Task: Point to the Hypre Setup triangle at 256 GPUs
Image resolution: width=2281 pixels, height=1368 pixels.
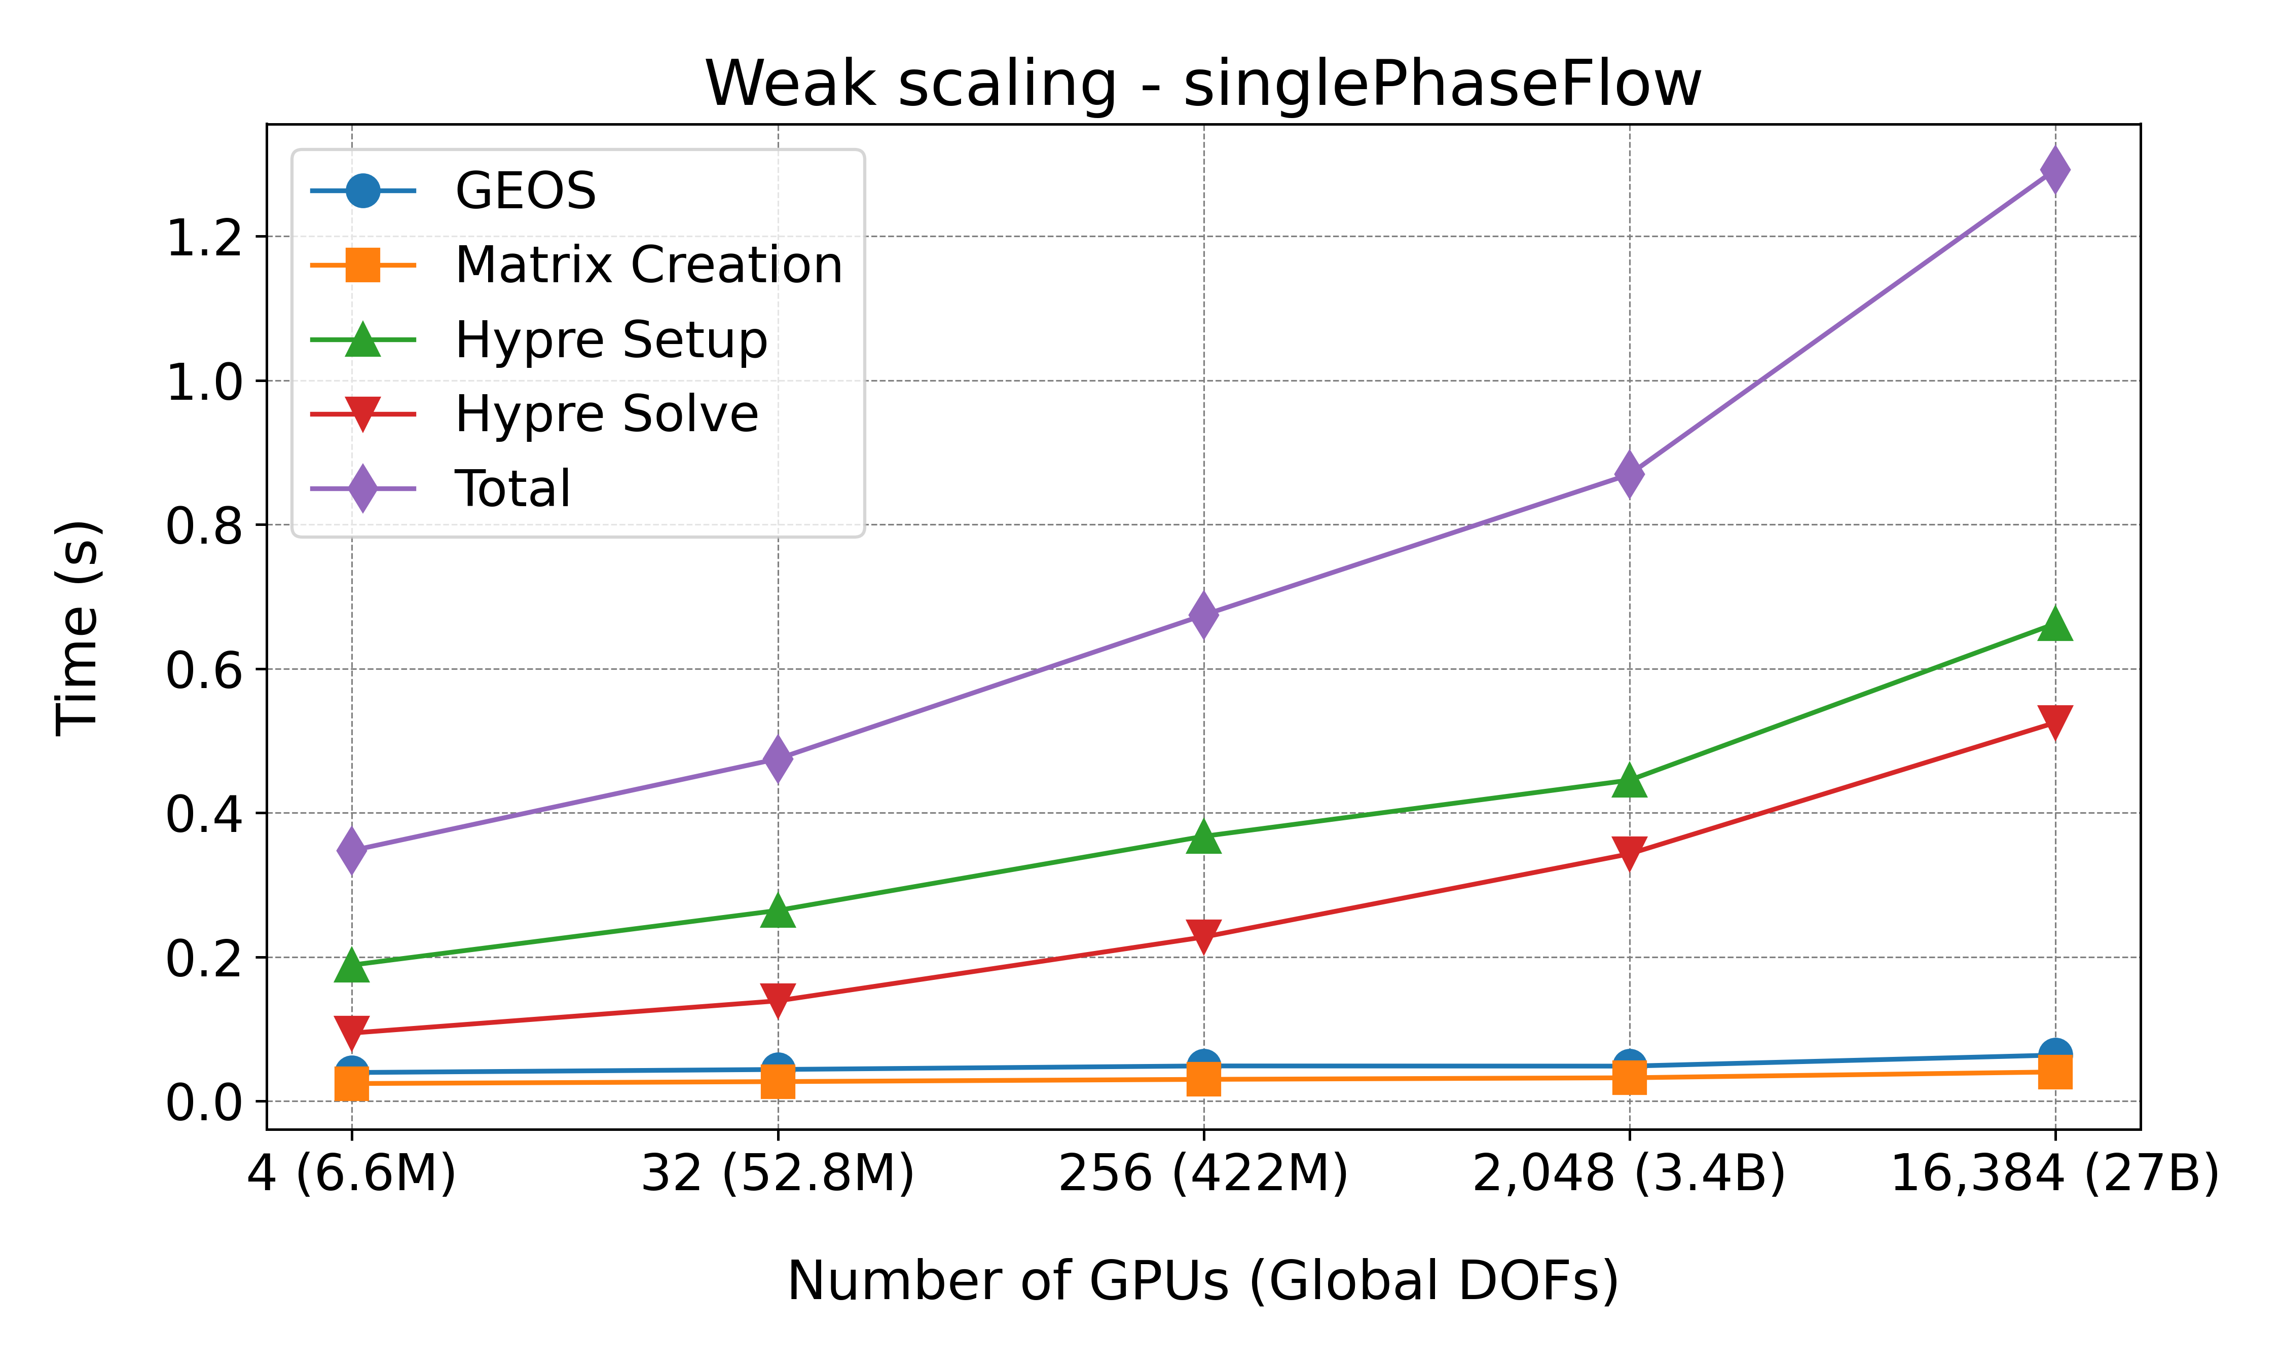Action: coord(1203,836)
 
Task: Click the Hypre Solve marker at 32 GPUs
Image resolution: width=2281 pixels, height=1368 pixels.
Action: coord(778,999)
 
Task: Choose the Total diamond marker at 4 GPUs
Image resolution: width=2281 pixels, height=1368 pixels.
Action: coord(351,849)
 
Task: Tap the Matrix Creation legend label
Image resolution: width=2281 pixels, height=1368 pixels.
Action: coord(648,265)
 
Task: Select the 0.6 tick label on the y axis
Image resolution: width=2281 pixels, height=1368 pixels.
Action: coord(203,670)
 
